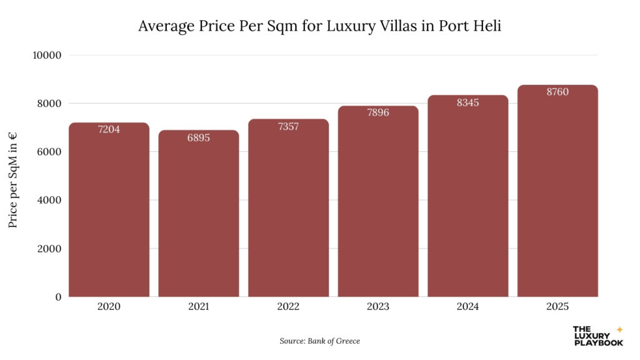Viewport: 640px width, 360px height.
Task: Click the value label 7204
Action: (x=109, y=130)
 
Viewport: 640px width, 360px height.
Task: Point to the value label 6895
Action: (x=199, y=137)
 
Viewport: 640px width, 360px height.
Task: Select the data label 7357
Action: (x=288, y=126)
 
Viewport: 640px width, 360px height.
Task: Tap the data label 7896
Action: (x=378, y=113)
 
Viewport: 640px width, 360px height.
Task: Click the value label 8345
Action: (x=467, y=102)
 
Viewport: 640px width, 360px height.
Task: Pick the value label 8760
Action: (x=557, y=92)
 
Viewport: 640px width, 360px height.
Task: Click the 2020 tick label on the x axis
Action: (x=109, y=307)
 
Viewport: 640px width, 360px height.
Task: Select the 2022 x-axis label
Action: (x=288, y=307)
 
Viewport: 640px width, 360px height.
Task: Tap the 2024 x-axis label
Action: (x=467, y=307)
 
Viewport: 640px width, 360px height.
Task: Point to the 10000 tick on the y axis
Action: (x=46, y=55)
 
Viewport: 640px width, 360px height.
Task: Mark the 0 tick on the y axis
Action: (x=57, y=297)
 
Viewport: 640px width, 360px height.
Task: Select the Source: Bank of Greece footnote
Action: (x=319, y=341)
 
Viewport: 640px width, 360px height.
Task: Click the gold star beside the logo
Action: (x=619, y=329)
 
